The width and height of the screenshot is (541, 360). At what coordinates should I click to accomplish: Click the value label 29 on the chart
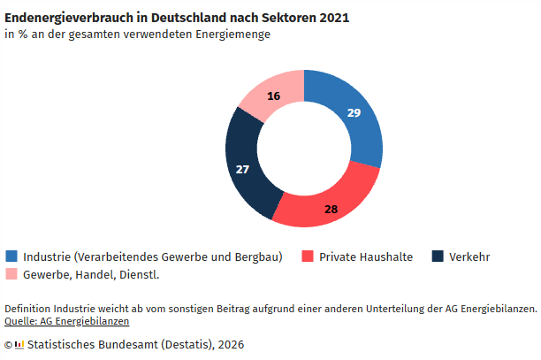354,113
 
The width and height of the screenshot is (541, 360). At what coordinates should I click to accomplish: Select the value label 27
243,168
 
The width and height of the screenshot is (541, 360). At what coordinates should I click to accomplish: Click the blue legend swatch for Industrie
11,257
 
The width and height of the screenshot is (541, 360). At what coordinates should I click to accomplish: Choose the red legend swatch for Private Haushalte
308,257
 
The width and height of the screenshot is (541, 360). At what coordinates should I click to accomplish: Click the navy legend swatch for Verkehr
437,257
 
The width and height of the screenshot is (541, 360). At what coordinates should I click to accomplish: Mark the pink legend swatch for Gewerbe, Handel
11,274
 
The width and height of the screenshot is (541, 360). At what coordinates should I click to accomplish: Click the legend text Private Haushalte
366,257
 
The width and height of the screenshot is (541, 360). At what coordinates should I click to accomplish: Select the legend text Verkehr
469,257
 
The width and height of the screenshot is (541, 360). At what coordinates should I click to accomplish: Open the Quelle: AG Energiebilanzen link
66,320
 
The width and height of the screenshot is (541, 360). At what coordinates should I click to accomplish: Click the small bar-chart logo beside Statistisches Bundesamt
19,344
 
